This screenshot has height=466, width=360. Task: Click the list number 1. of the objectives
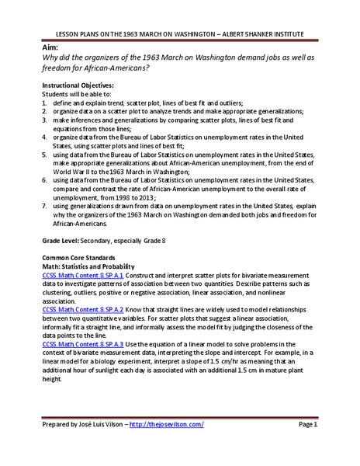coord(44,102)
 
